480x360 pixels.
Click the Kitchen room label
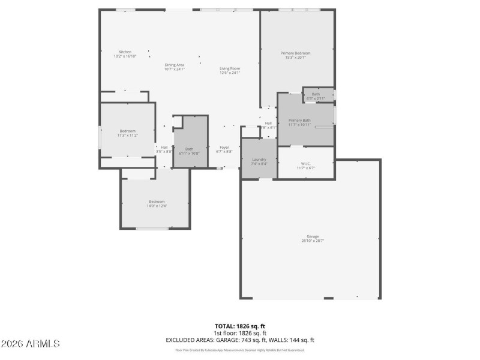pyautogui.click(x=125, y=52)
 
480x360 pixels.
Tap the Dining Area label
pyautogui.click(x=174, y=65)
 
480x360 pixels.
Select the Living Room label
pyautogui.click(x=230, y=68)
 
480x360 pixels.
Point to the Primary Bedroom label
pyautogui.click(x=295, y=53)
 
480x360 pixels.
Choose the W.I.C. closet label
pyautogui.click(x=305, y=164)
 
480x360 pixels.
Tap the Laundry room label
pyautogui.click(x=259, y=159)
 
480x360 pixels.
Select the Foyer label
pyautogui.click(x=224, y=147)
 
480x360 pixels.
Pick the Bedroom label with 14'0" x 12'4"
pyautogui.click(x=157, y=202)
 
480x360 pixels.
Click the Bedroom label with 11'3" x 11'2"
pyautogui.click(x=127, y=131)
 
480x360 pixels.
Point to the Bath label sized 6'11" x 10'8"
pyautogui.click(x=189, y=149)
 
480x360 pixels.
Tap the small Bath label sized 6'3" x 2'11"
pyautogui.click(x=316, y=94)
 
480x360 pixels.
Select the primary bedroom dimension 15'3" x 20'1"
pyautogui.click(x=295, y=58)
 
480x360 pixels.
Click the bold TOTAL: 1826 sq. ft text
pyautogui.click(x=240, y=326)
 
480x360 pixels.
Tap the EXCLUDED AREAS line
pyautogui.click(x=240, y=340)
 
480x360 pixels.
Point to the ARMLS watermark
pyautogui.click(x=31, y=344)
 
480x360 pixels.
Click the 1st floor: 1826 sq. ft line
pyautogui.click(x=240, y=333)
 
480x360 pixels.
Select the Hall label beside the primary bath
pyautogui.click(x=268, y=123)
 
